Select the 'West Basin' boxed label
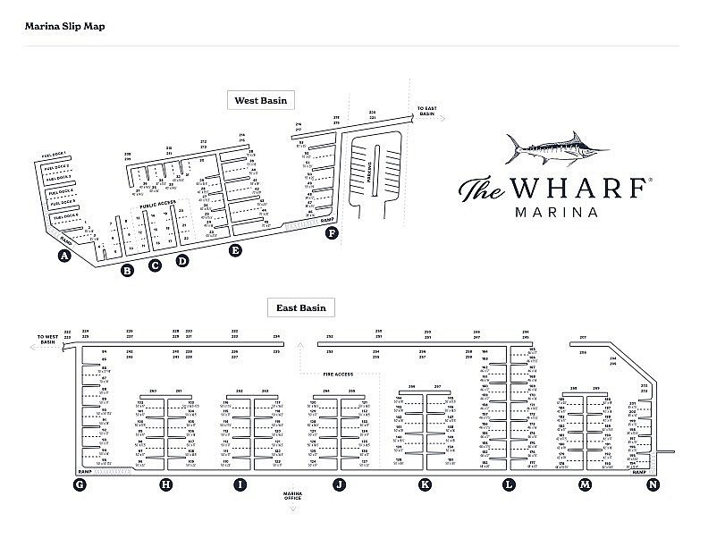tap(260, 100)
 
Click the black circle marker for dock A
tap(63, 257)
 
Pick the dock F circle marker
tap(333, 234)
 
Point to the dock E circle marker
tap(235, 250)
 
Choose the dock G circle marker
tap(80, 484)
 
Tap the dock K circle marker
tap(425, 484)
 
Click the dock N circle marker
tap(653, 484)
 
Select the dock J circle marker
tap(339, 484)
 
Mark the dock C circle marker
tap(155, 265)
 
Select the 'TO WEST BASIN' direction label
tap(46, 339)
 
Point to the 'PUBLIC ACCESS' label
tap(157, 206)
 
